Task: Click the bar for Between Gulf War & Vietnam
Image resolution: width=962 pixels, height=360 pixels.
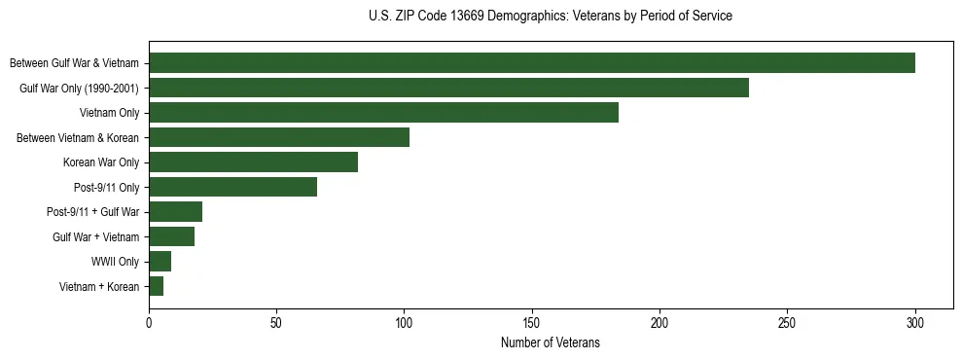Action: click(x=532, y=63)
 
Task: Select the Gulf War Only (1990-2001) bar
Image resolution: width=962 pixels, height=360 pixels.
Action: click(x=448, y=88)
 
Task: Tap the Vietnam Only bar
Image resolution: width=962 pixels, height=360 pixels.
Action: click(x=383, y=113)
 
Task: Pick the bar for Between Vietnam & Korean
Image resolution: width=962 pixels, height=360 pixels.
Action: click(x=279, y=137)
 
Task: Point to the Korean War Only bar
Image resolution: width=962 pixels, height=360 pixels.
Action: click(x=253, y=162)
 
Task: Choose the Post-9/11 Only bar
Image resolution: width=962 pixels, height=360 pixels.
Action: click(x=232, y=187)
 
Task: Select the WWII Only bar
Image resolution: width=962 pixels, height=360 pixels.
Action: click(x=160, y=262)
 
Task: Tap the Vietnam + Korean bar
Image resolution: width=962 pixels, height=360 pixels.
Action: click(x=156, y=286)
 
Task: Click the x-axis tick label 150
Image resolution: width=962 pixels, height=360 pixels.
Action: click(x=532, y=322)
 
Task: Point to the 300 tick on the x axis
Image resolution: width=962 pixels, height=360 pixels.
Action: click(x=915, y=322)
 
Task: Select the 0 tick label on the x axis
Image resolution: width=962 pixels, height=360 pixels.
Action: click(x=149, y=322)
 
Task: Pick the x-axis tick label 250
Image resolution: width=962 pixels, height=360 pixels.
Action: click(x=788, y=322)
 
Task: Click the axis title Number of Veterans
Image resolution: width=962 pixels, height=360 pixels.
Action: click(x=551, y=342)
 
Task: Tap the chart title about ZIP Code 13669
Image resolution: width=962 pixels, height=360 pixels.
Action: click(x=551, y=17)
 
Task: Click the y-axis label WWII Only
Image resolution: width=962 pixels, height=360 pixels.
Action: click(x=116, y=262)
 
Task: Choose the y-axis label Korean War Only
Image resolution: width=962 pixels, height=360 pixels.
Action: click(x=101, y=162)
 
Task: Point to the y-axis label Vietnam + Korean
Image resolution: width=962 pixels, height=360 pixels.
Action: click(x=99, y=286)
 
